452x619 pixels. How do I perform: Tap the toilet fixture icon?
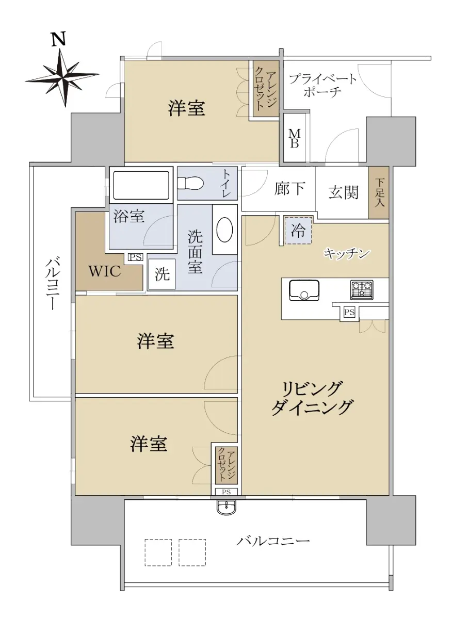pyautogui.click(x=190, y=183)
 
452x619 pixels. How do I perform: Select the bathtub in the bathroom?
pyautogui.click(x=141, y=185)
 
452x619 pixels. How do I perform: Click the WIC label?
pyautogui.click(x=105, y=271)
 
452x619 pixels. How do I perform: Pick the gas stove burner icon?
pyautogui.click(x=362, y=289)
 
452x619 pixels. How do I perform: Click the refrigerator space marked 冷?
pyautogui.click(x=298, y=231)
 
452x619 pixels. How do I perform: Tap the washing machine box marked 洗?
pyautogui.click(x=162, y=274)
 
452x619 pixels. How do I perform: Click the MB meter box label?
pyautogui.click(x=294, y=138)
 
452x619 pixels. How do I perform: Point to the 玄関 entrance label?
pyautogui.click(x=344, y=192)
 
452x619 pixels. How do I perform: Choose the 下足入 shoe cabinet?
pyautogui.click(x=379, y=192)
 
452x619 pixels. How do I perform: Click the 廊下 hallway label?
pyautogui.click(x=289, y=189)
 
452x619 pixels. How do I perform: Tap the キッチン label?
pyautogui.click(x=347, y=253)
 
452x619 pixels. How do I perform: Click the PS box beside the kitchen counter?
pyautogui.click(x=349, y=312)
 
